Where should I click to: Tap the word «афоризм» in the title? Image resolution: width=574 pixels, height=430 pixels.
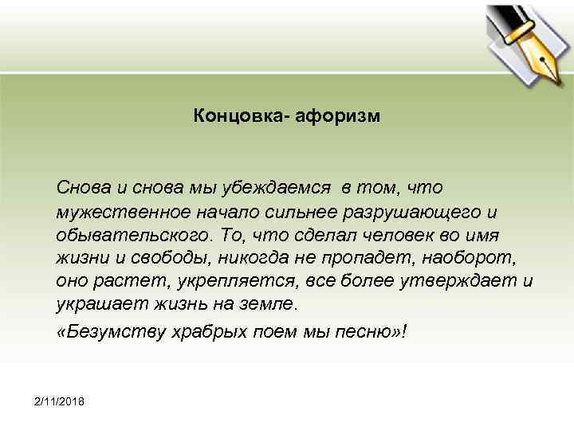coord(339,117)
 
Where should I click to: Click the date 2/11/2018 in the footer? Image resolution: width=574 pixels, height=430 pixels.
coord(62,398)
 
